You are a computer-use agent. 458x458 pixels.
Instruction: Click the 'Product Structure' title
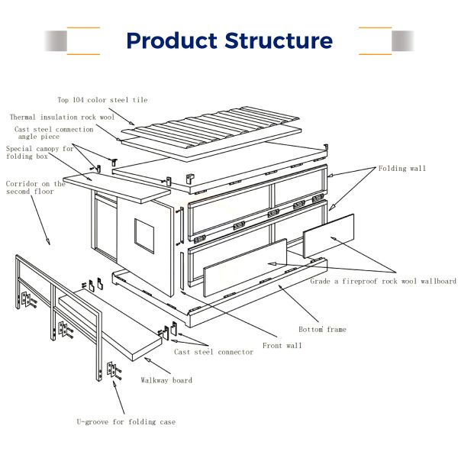(229, 40)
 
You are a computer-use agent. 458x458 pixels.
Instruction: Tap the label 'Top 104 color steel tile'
(102, 100)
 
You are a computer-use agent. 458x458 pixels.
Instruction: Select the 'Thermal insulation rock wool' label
(63, 117)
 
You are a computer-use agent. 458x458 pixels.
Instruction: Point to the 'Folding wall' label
(402, 168)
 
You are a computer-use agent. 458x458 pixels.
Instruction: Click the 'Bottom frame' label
(322, 330)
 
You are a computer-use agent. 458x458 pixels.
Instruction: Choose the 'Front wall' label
(282, 346)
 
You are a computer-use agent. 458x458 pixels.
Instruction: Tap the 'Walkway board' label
(166, 380)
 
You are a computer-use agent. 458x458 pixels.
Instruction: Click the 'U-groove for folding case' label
(126, 422)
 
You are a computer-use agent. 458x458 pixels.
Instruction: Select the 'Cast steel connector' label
(214, 352)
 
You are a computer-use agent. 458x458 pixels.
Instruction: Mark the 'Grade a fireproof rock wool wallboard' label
(383, 281)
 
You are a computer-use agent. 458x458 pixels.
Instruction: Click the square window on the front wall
(144, 235)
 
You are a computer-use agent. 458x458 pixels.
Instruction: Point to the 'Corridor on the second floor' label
(35, 188)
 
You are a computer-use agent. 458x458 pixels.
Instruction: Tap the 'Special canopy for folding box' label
(40, 153)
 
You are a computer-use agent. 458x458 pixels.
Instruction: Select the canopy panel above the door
(117, 188)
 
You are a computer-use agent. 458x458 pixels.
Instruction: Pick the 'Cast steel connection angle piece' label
(54, 133)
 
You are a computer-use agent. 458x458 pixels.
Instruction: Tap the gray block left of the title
(56, 41)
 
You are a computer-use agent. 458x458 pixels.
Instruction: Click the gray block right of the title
(403, 41)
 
